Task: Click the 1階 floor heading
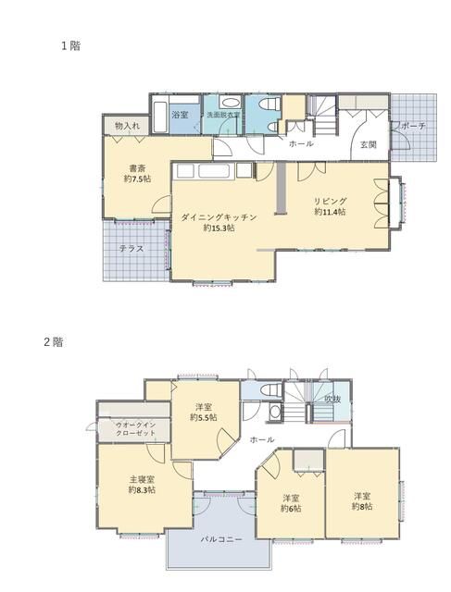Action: (70, 46)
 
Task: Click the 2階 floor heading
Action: (54, 342)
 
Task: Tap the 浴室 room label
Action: (180, 115)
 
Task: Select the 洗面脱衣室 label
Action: (222, 115)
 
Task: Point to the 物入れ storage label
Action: (128, 126)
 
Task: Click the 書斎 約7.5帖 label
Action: (137, 173)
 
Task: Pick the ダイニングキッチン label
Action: (219, 217)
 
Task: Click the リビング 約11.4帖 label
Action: (330, 206)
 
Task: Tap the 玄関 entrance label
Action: (368, 144)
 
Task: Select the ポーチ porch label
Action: (413, 126)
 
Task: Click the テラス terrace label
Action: (132, 249)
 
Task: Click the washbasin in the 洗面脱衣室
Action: (230, 103)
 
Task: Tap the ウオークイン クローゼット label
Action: (135, 429)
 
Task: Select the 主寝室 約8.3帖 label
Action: (142, 485)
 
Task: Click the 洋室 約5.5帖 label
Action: (204, 413)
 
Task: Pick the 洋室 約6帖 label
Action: (291, 503)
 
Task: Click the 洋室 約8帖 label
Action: (362, 501)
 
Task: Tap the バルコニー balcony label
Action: (221, 539)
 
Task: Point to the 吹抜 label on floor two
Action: (332, 399)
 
